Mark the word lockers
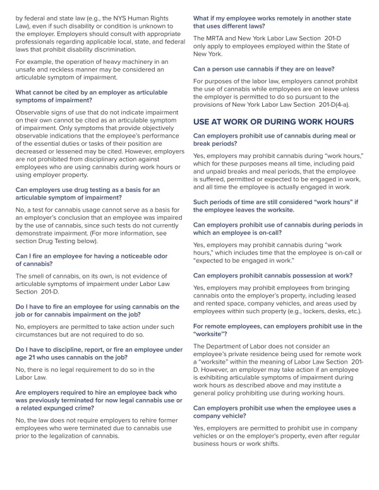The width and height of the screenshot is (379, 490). pos(305,311)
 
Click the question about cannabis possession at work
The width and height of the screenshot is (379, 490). pos(273,275)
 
